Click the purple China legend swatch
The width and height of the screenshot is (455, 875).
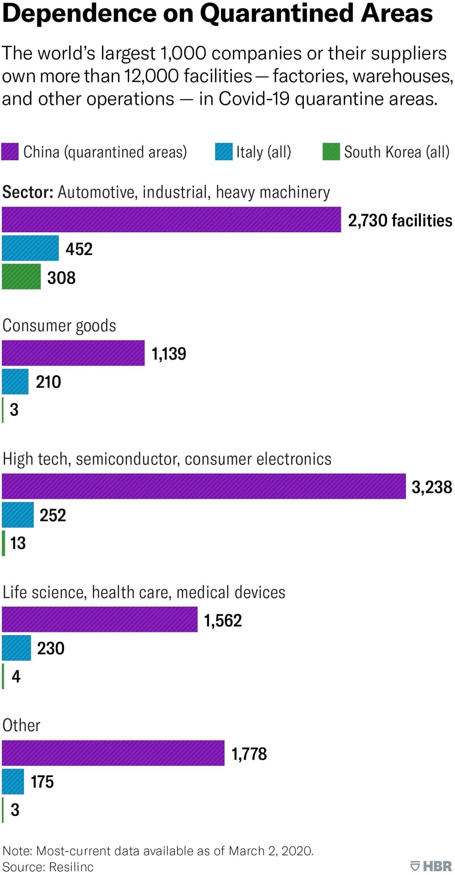click(x=10, y=151)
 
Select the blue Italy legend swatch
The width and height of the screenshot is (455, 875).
click(x=224, y=151)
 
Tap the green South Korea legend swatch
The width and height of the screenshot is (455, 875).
click(x=331, y=151)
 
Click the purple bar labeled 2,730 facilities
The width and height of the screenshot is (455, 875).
click(x=171, y=219)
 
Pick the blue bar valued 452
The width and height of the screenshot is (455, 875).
click(x=30, y=248)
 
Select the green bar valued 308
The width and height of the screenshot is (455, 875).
click(x=21, y=276)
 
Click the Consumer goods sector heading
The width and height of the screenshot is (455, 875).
click(x=59, y=326)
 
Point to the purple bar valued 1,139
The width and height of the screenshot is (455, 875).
click(x=73, y=353)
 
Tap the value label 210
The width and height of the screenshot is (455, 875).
click(x=49, y=382)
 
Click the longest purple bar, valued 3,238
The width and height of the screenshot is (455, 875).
click(x=204, y=486)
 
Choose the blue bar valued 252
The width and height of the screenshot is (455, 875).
click(x=18, y=515)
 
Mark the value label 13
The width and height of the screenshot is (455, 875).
click(x=18, y=543)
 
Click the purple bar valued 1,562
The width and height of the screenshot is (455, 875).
click(x=100, y=620)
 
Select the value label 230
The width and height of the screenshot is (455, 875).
click(x=51, y=648)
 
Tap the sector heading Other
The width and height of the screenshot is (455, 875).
click(x=21, y=725)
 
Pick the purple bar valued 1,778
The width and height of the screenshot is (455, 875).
click(x=113, y=753)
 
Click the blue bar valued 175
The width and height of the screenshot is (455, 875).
click(x=13, y=782)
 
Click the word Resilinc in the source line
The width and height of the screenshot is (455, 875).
click(x=71, y=867)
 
